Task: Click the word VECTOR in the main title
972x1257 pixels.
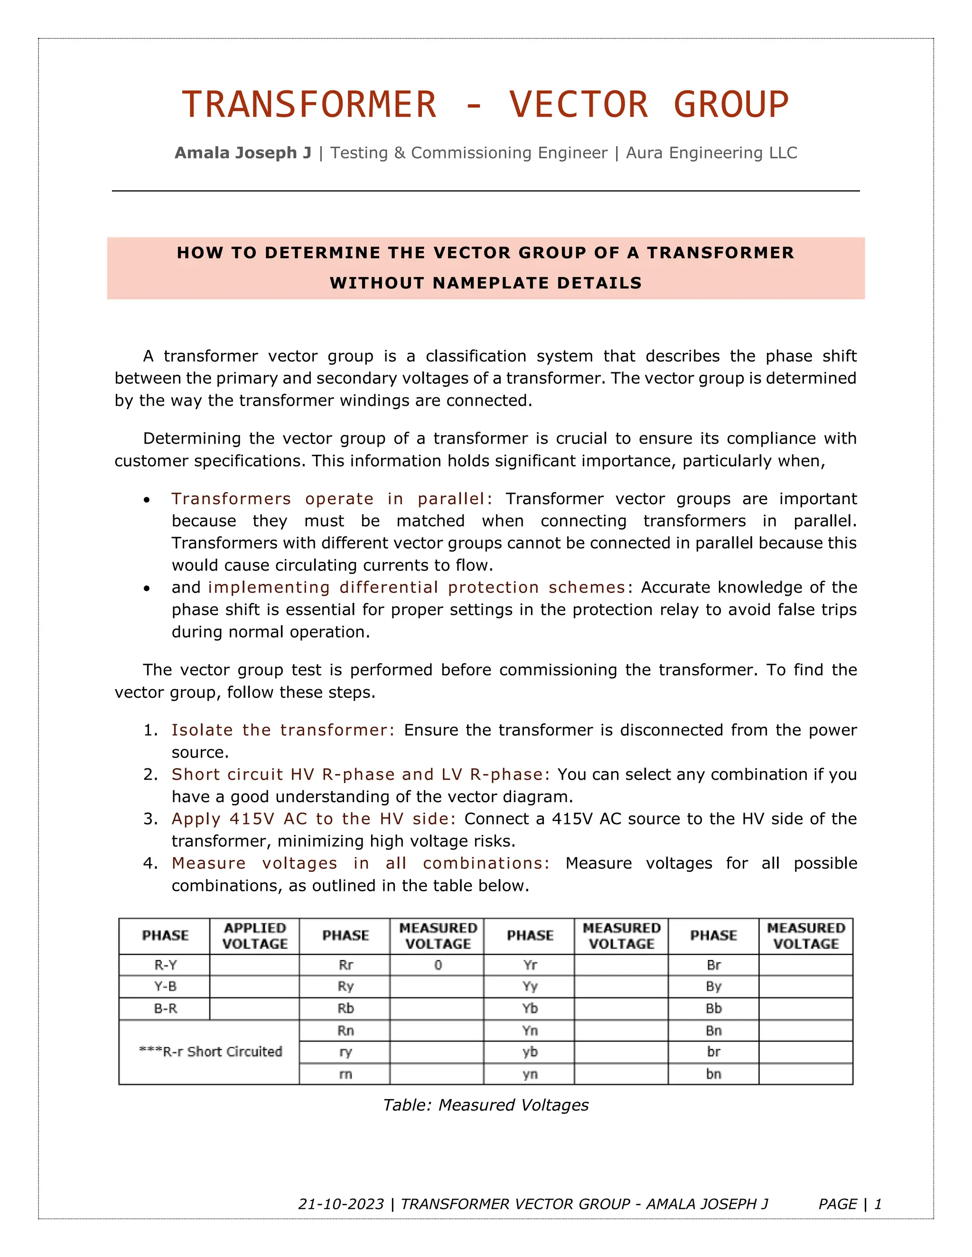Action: [579, 105]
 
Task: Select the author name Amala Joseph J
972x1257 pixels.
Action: [243, 153]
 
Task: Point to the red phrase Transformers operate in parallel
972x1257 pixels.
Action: [332, 499]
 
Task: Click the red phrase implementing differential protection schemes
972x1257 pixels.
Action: [416, 587]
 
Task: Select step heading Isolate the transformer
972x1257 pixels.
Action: [283, 730]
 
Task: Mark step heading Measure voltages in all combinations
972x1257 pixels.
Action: [361, 863]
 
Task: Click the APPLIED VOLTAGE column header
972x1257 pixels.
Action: [254, 935]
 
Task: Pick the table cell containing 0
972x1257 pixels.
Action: [438, 965]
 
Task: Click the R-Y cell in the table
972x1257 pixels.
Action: [165, 965]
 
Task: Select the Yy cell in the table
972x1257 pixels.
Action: [530, 987]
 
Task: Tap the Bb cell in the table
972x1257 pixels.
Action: [713, 1008]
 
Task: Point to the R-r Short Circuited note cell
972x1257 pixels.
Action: [210, 1052]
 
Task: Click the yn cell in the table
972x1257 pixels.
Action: [530, 1074]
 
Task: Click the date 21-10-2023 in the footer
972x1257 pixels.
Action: [341, 1204]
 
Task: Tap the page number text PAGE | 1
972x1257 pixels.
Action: [850, 1204]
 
